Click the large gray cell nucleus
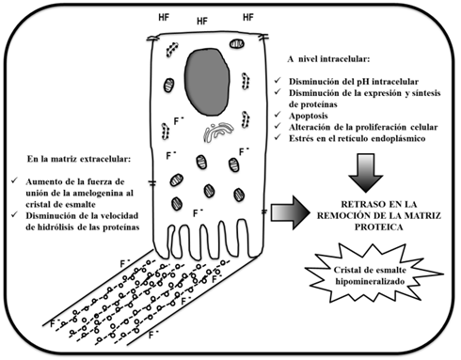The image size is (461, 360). [x=207, y=82]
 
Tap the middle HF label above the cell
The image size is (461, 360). [x=202, y=22]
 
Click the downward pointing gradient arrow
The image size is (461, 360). [x=366, y=173]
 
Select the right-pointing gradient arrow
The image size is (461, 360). [x=290, y=212]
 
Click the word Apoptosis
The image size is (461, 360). [x=309, y=116]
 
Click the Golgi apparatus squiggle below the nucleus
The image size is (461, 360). [x=218, y=132]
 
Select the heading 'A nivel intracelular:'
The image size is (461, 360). [x=328, y=59]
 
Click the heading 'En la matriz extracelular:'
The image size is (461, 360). [x=79, y=159]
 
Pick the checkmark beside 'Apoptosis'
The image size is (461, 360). [x=278, y=115]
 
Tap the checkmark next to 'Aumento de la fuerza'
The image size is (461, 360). [x=15, y=180]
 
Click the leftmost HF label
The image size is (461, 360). [x=164, y=18]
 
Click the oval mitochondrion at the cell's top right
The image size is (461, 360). [x=237, y=43]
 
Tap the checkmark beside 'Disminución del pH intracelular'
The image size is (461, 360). [x=278, y=80]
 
